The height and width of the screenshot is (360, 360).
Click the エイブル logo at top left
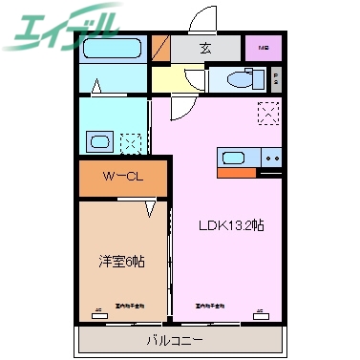[x=61, y=30]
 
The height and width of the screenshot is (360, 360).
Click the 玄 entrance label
[x=204, y=47]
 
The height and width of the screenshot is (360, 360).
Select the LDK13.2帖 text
[x=231, y=227]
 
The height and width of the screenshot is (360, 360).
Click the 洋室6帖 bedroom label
[x=120, y=261]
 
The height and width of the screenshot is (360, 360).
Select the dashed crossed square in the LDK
[x=268, y=115]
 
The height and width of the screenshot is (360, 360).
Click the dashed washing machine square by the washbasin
[x=132, y=144]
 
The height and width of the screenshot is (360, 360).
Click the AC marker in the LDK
[x=259, y=310]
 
